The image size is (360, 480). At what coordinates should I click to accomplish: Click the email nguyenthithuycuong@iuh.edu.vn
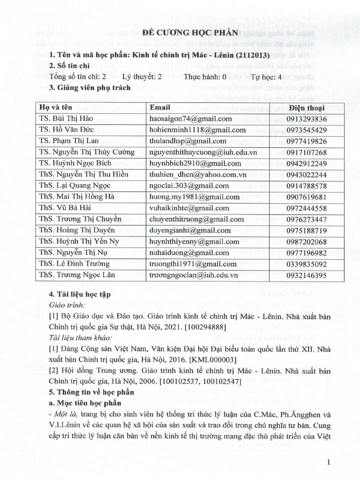click(201, 152)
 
